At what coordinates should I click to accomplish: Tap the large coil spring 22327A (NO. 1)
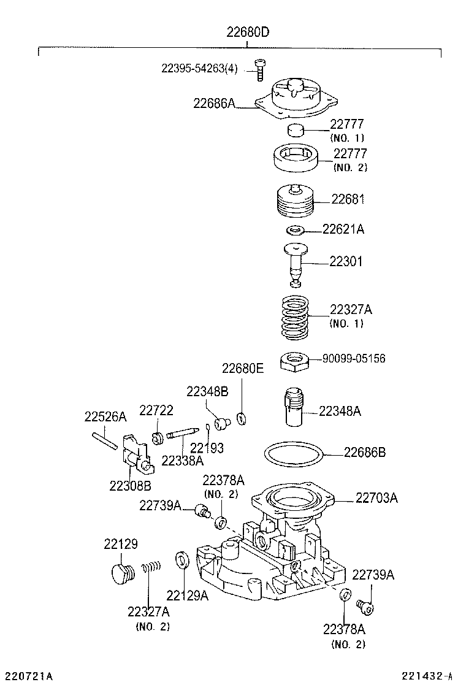(295, 316)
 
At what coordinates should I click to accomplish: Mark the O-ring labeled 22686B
(294, 457)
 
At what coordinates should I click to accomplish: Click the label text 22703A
(376, 498)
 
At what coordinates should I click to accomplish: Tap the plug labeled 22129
(120, 574)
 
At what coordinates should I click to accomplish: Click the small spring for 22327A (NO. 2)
(151, 568)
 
